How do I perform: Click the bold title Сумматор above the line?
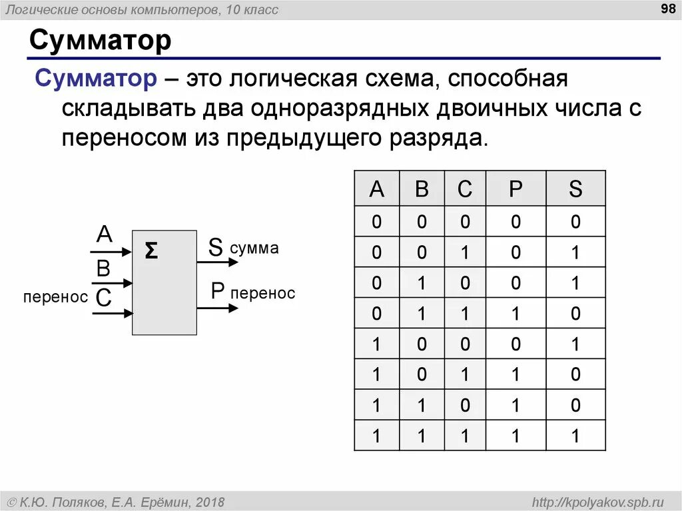[x=100, y=41]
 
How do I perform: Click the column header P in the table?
[x=515, y=190]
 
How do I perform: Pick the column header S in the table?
[x=575, y=190]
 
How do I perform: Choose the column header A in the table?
[x=377, y=190]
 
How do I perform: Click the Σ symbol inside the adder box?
[x=152, y=251]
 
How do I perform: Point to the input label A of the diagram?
[x=105, y=235]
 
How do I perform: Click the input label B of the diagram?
[x=103, y=268]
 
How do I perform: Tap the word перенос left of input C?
[x=55, y=297]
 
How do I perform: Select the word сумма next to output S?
[x=254, y=249]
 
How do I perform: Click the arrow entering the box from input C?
[x=112, y=312]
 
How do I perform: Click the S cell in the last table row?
[x=575, y=436]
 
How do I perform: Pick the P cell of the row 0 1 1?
[x=515, y=313]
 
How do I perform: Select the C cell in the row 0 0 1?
[x=464, y=253]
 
